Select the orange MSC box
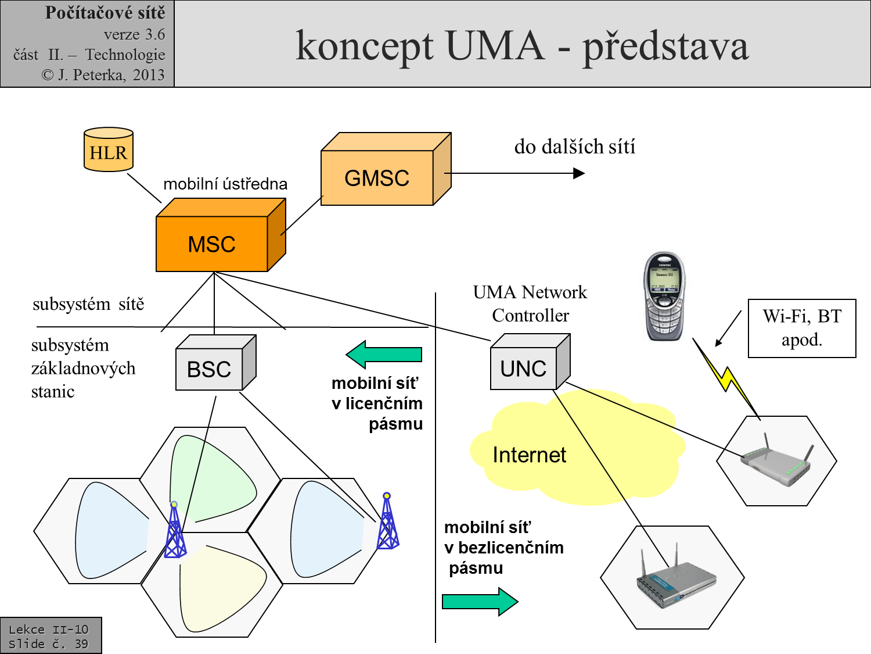[212, 244]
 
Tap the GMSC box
[377, 177]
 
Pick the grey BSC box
[209, 369]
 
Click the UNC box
[524, 369]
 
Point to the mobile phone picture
[665, 296]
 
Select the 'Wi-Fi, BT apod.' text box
[802, 328]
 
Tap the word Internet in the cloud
[529, 455]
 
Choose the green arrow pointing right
[480, 601]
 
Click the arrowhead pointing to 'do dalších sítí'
[578, 173]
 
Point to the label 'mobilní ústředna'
[225, 184]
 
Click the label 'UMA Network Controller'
[530, 303]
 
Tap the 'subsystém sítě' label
[88, 304]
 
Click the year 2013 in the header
[149, 75]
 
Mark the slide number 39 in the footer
[81, 644]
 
